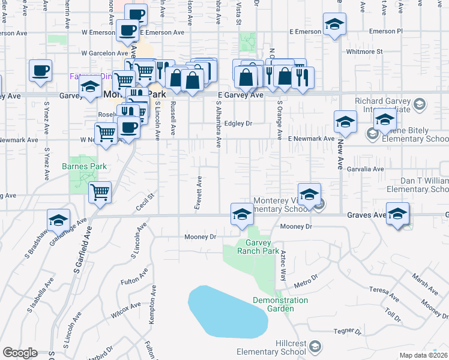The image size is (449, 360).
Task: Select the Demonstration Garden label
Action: [280, 304]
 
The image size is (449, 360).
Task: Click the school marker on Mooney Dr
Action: [242, 214]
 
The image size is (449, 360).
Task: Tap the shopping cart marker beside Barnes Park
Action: [100, 193]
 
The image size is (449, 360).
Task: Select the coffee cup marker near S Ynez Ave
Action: [40, 70]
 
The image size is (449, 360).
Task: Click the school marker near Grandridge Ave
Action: [58, 220]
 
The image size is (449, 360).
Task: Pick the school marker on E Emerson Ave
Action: [335, 25]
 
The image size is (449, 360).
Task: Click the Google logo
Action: [20, 353]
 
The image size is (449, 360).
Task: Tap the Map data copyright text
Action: [423, 355]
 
